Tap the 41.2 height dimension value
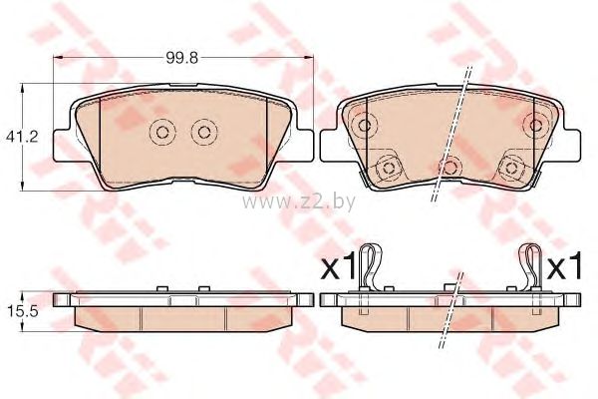pos(22,137)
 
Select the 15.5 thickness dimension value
pos(22,311)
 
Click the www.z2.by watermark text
pos(299,201)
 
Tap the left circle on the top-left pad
pos(162,132)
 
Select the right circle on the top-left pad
pos(204,132)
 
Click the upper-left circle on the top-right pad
pos(365,125)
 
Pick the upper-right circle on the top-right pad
pos(536,125)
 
